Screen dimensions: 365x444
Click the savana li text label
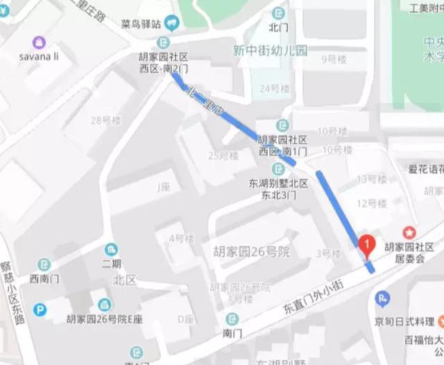click(39, 56)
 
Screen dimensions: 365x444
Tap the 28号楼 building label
click(105, 121)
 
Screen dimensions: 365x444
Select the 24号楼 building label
click(273, 89)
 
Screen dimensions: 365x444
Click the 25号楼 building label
click(223, 155)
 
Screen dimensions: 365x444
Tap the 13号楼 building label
click(372, 179)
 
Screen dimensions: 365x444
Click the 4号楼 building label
click(181, 238)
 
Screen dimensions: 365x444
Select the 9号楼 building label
click(334, 60)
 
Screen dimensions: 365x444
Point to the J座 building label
click(164, 186)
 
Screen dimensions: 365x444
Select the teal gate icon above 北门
click(279, 13)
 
